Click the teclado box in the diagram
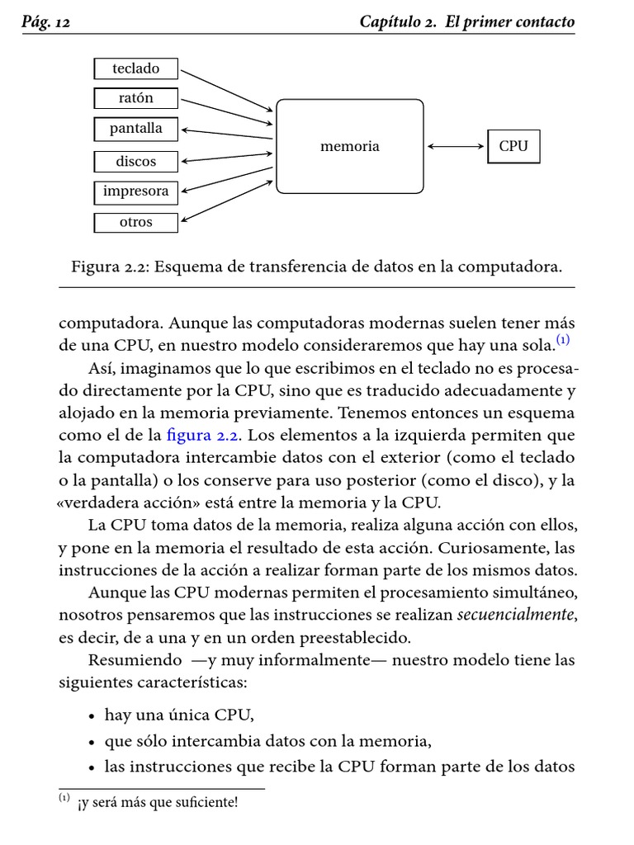(136, 68)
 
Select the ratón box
(136, 98)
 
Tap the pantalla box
(136, 129)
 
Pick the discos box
(136, 162)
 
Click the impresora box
(136, 191)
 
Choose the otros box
(136, 222)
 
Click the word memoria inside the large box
(350, 146)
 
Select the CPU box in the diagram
(513, 146)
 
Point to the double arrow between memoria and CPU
(456, 147)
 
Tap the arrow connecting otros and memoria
(225, 199)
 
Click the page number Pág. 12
(45, 23)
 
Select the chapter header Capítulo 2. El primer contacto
(467, 22)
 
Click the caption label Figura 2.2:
(111, 267)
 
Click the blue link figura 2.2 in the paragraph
(200, 435)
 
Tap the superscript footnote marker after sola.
(562, 340)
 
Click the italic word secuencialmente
(515, 614)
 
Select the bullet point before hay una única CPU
(92, 715)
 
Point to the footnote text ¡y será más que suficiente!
(158, 802)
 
